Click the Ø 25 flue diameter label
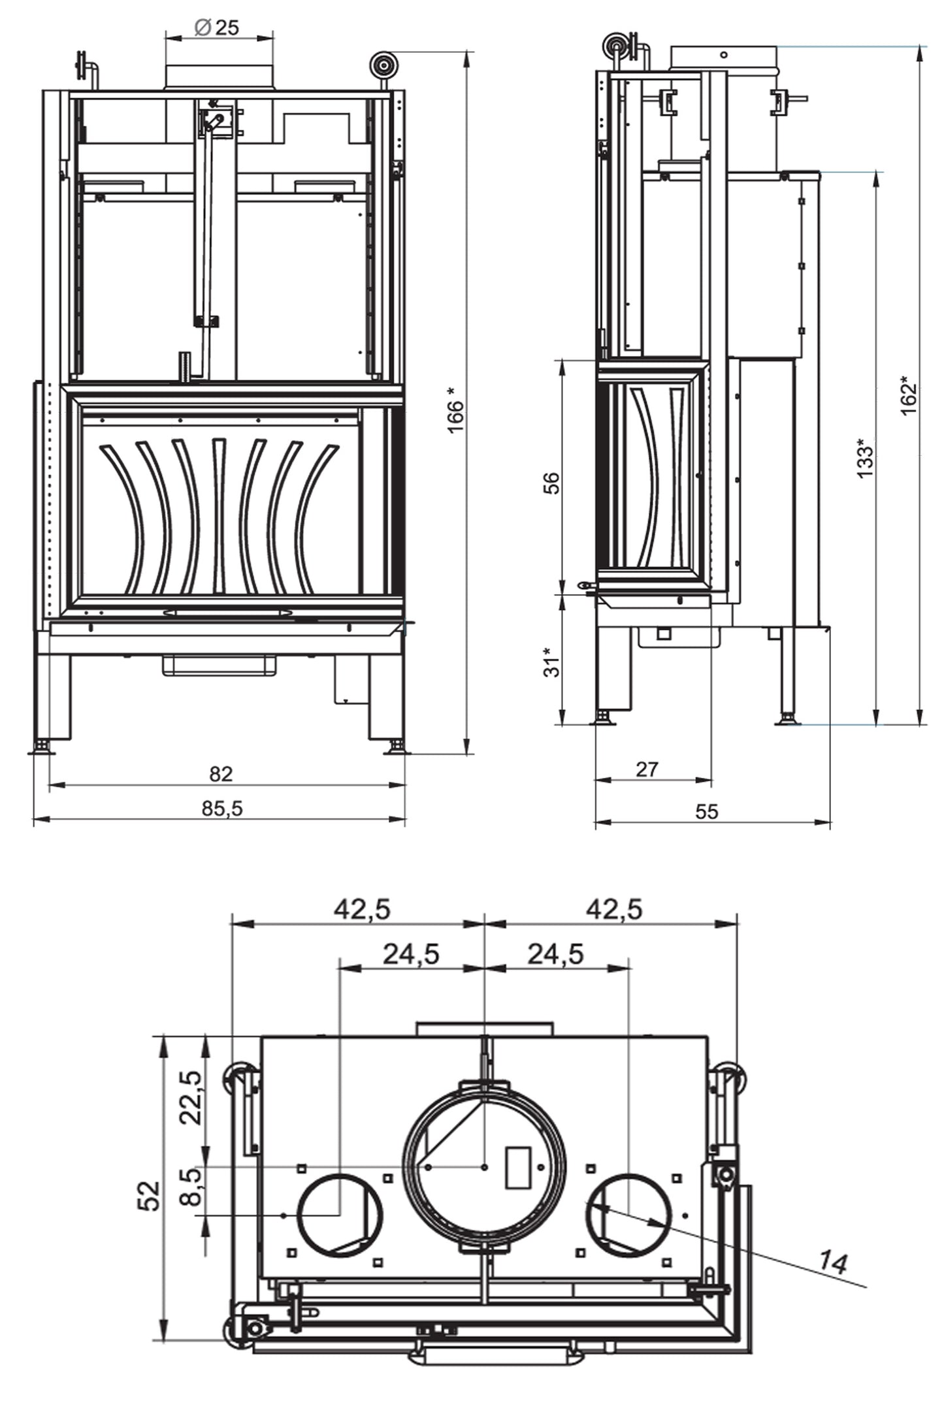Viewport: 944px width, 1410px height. [x=218, y=27]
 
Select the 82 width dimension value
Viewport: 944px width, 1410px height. [x=221, y=774]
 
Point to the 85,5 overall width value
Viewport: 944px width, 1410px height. [x=222, y=809]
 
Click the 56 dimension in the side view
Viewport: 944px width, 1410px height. [x=552, y=483]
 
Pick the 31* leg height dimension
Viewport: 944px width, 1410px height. [x=552, y=662]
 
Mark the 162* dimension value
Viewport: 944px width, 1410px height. [x=909, y=395]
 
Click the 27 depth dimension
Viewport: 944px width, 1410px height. [x=647, y=769]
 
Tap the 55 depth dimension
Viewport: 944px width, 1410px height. [x=707, y=812]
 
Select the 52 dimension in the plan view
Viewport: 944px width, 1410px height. [x=151, y=1196]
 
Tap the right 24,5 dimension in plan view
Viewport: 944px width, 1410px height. [x=555, y=954]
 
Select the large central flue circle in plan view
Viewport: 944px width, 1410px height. [x=484, y=1167]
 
